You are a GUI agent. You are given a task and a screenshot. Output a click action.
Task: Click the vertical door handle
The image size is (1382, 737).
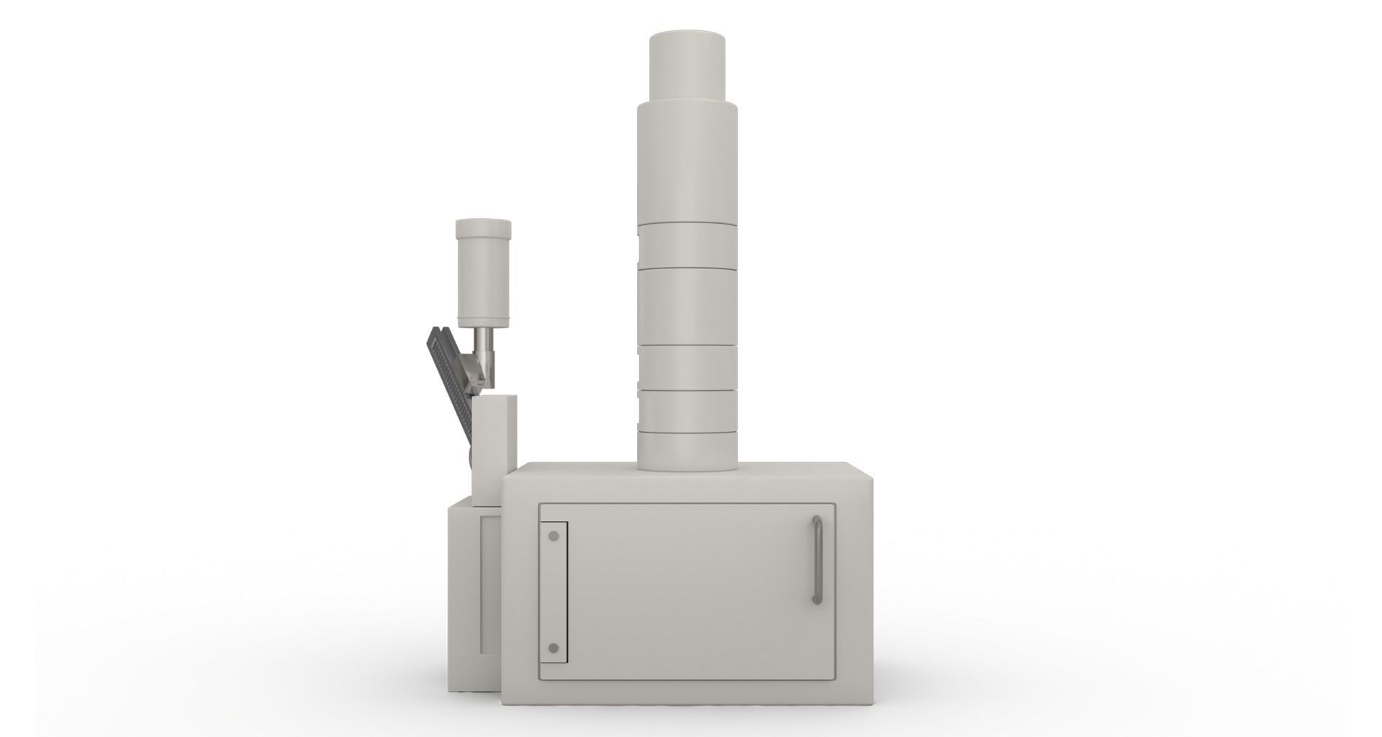coord(817,559)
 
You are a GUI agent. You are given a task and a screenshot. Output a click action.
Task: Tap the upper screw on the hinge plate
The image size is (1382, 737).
coord(553,537)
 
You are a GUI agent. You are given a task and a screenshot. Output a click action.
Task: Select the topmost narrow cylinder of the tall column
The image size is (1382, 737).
coord(687,66)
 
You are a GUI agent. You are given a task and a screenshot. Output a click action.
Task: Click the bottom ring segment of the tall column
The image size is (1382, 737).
coord(687,449)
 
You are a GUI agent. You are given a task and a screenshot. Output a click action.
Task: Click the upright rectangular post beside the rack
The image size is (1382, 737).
coord(493,446)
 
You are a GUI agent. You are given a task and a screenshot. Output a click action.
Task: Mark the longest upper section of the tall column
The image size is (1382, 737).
coord(687,162)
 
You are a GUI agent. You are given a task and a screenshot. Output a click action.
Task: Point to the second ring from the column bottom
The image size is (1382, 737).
coord(687,410)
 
